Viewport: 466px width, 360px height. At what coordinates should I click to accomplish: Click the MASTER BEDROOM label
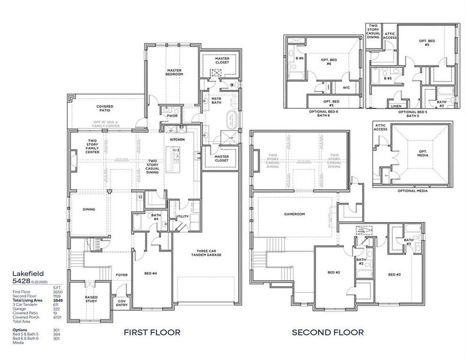tap(174, 72)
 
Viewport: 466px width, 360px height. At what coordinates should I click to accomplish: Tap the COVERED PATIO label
tap(105, 109)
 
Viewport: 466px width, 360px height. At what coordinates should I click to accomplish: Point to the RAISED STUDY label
tap(91, 299)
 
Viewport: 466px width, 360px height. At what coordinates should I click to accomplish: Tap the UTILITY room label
tap(182, 217)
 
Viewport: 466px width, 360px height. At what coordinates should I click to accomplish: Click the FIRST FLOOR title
tap(151, 332)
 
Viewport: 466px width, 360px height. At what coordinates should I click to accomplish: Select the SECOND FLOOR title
tap(327, 332)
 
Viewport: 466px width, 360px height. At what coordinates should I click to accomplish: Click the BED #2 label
tap(333, 274)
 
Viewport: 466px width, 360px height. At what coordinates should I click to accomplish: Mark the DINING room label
tap(89, 209)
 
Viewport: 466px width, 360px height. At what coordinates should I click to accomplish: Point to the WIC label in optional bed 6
tap(346, 88)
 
